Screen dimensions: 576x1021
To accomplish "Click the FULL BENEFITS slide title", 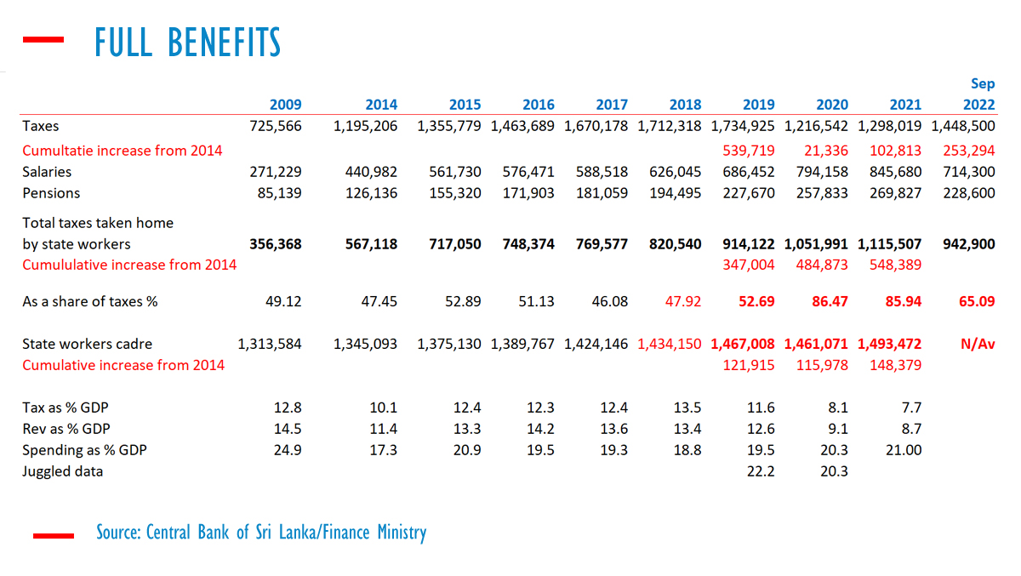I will pos(187,42).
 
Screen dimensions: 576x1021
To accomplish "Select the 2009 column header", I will pos(285,105).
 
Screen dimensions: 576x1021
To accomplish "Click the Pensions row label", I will pos(51,193).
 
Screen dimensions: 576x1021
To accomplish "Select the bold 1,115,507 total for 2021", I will pos(890,244).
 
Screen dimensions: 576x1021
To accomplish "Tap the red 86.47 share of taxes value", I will pos(832,301).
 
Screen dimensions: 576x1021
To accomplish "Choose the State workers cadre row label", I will pos(87,345).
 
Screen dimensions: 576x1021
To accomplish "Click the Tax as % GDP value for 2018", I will pos(687,408).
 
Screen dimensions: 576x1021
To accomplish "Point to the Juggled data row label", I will pos(62,470).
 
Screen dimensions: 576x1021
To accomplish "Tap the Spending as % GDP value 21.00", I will pos(903,449).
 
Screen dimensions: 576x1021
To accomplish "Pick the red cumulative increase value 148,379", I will pos(895,365).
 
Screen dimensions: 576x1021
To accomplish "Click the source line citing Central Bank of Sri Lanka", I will pos(261,533).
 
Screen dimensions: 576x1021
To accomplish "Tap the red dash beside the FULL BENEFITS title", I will pos(43,39).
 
